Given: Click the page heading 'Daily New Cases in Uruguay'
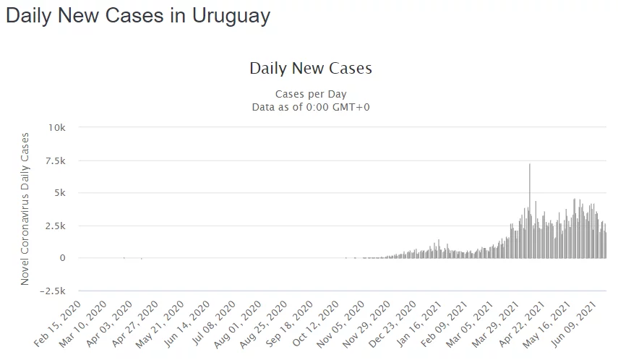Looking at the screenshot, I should [138, 16].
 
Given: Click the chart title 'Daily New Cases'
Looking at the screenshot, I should [311, 69].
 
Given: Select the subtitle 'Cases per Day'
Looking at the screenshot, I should [311, 94].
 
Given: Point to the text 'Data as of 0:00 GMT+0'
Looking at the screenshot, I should [311, 107].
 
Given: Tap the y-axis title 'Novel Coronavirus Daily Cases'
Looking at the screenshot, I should [25, 208].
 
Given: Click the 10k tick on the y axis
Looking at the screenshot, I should [56, 127].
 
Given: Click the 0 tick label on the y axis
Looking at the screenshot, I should [63, 258].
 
